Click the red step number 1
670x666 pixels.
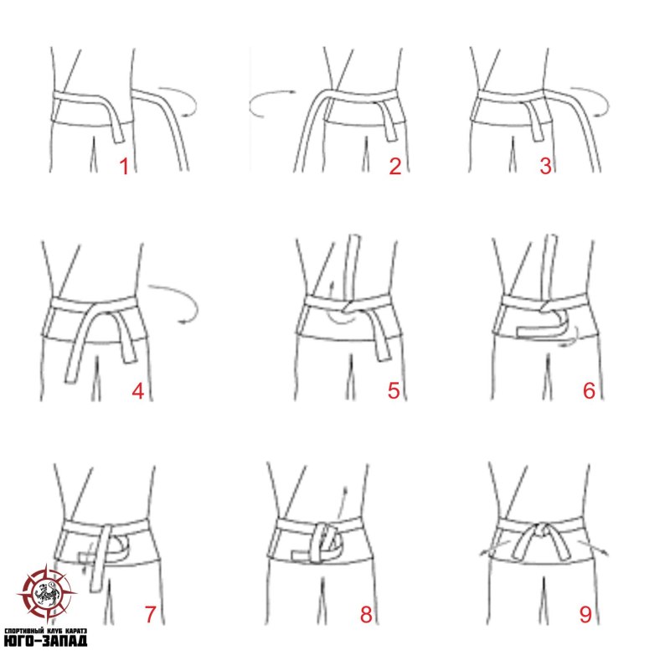[x=124, y=166]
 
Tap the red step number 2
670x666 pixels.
[x=395, y=166]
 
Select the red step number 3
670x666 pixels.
[x=546, y=166]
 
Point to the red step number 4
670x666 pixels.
[x=137, y=390]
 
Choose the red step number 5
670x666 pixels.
[x=394, y=390]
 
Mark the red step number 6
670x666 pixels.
[x=590, y=390]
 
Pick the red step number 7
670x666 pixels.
[x=150, y=614]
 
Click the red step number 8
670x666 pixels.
[x=366, y=614]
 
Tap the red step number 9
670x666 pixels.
[x=585, y=614]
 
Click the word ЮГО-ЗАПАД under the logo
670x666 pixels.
[x=45, y=640]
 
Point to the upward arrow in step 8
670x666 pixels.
[x=342, y=503]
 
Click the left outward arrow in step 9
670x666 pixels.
[x=495, y=548]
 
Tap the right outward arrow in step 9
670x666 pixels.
[x=593, y=548]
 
